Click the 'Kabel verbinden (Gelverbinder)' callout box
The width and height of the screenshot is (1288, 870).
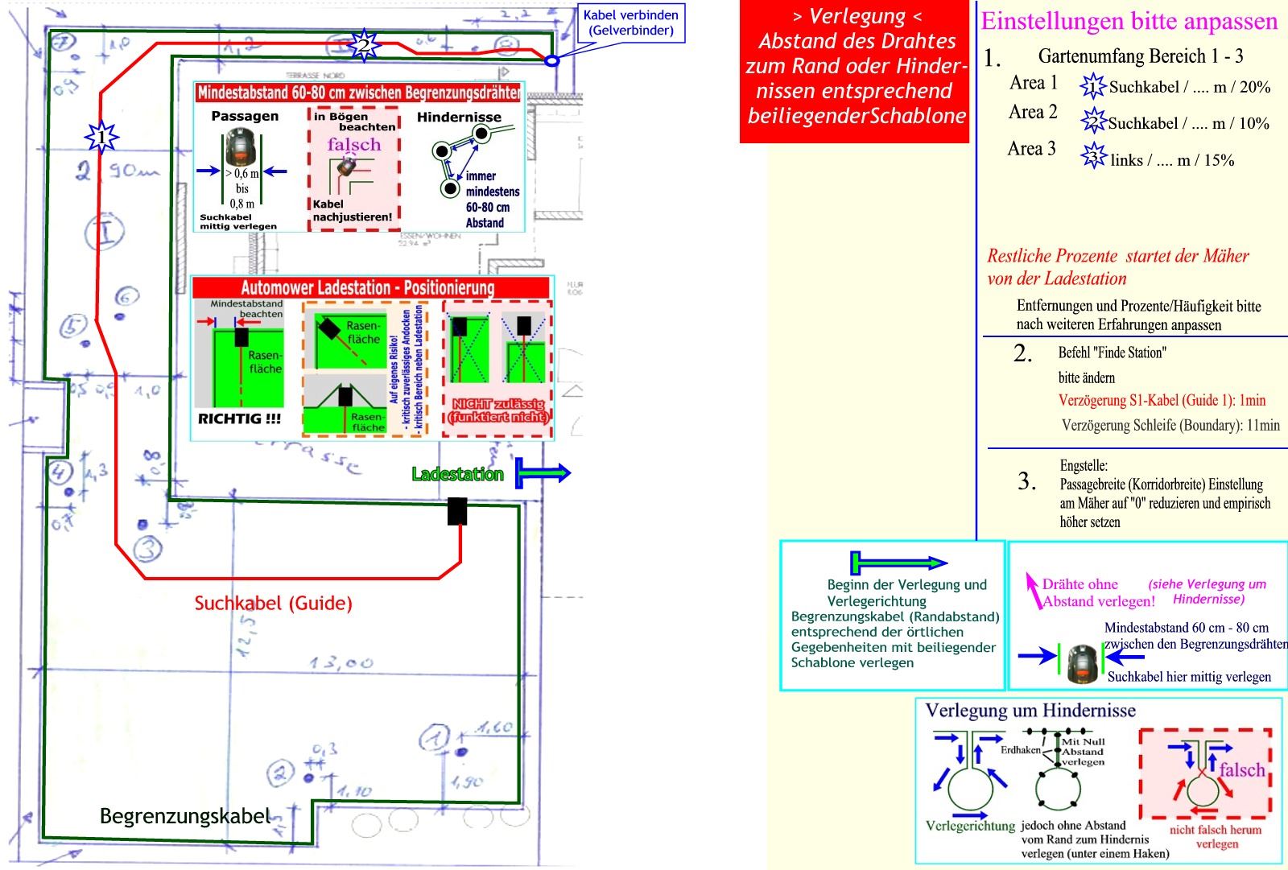[x=630, y=23]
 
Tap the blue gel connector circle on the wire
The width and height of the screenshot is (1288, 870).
[x=552, y=60]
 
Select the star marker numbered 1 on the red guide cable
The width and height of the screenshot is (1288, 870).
[x=101, y=138]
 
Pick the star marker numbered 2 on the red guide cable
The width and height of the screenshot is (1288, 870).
[x=364, y=44]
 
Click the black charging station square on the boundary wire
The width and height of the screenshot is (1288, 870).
[x=457, y=511]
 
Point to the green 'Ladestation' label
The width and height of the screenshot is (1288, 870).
[x=457, y=474]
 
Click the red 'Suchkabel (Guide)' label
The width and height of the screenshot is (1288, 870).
[x=274, y=604]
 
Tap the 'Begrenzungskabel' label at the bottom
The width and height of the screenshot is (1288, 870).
[x=184, y=816]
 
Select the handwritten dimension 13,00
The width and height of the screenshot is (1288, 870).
[x=342, y=663]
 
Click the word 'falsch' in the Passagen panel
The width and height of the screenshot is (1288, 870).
[x=354, y=145]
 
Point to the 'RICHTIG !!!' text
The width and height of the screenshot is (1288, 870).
[x=239, y=419]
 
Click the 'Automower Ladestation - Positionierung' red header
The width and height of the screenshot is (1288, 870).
[x=368, y=287]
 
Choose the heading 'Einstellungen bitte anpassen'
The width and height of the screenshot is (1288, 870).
[x=1129, y=21]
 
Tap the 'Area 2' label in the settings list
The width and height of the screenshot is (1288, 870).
[x=1033, y=112]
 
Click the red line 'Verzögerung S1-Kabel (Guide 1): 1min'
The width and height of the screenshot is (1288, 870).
[x=1162, y=400]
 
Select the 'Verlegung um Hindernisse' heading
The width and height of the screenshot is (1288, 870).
[x=1030, y=710]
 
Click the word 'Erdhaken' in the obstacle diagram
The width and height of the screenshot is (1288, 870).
[x=1020, y=749]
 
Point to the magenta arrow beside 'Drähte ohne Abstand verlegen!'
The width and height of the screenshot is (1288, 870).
[x=1032, y=590]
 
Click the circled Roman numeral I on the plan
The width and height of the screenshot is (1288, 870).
[x=105, y=233]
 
